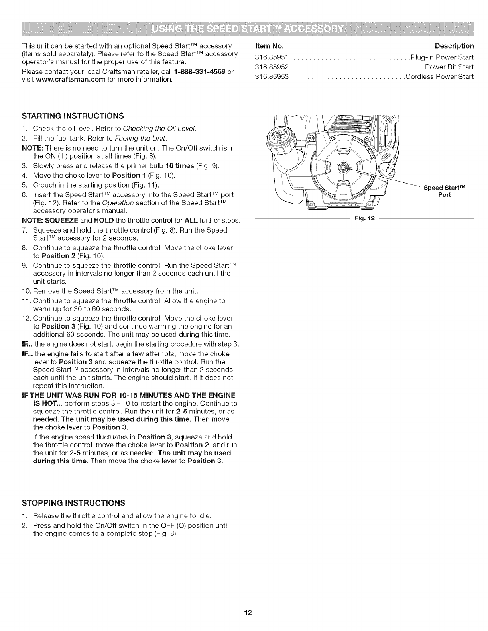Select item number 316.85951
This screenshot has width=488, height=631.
tap(272, 57)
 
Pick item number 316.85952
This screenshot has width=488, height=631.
tap(272, 67)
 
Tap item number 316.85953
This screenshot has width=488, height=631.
tap(272, 76)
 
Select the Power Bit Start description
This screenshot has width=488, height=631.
tap(449, 67)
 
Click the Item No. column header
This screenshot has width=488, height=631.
tap(269, 46)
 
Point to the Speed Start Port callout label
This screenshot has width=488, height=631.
tap(444, 191)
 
